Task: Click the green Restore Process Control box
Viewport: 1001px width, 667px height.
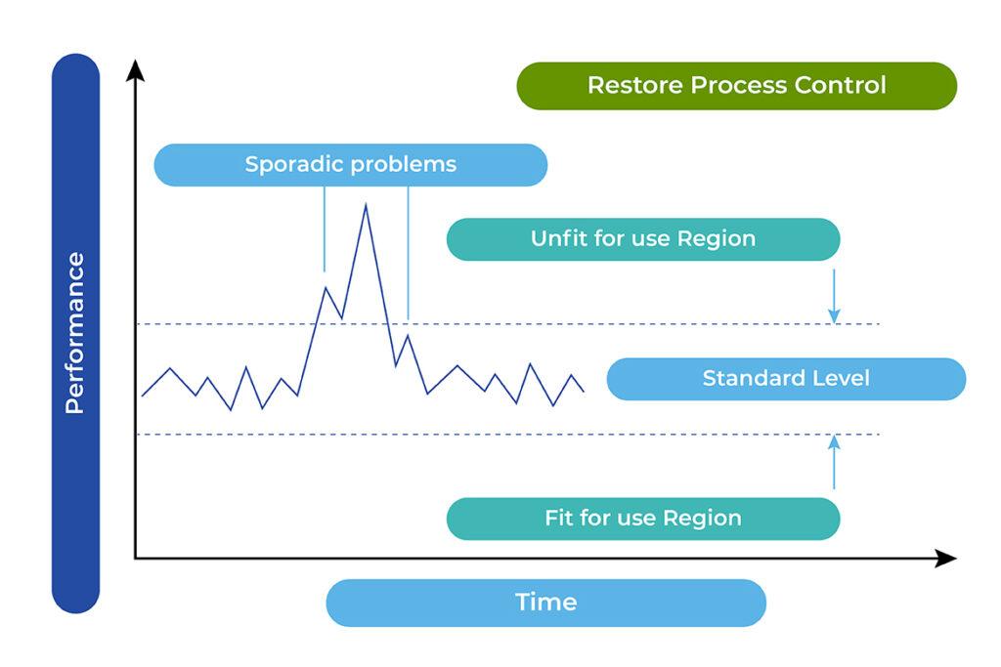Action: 736,86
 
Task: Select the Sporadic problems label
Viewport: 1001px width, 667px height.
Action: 350,164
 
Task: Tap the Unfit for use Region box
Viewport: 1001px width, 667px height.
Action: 642,239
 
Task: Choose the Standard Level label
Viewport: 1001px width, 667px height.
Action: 786,379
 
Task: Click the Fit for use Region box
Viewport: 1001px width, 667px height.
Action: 642,519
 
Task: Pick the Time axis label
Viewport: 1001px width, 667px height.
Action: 545,603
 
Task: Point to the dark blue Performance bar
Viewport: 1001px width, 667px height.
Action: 75,333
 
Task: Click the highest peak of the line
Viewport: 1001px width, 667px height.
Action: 366,205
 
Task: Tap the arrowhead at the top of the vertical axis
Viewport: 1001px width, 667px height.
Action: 136,70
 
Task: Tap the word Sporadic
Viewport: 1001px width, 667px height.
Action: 294,164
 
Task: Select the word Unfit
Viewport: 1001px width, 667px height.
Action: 555,239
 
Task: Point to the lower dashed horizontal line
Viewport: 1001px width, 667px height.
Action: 587,435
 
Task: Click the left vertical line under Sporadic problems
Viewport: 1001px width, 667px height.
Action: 324,229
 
